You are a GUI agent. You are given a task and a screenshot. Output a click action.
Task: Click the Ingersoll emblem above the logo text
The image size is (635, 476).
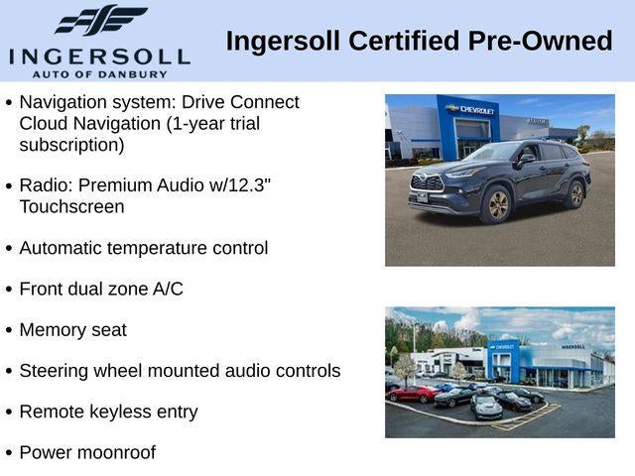pos(99,19)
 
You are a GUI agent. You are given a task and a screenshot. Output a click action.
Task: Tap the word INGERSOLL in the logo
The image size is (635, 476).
pos(98,56)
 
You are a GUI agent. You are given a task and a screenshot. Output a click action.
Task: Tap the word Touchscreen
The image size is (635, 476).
pos(71,206)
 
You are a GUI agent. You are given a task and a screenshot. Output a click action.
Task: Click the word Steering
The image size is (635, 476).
pos(55,371)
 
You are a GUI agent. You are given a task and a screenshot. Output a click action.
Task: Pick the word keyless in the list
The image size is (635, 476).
pos(120,412)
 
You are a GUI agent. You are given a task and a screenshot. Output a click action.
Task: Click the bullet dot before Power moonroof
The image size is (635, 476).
pos(9,453)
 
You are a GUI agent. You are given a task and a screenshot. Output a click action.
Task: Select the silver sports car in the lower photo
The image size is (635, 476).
pos(485,407)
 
